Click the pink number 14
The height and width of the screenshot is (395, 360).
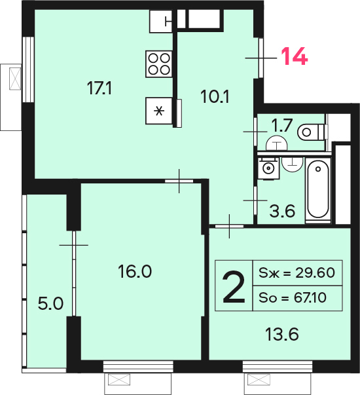[x=295, y=56]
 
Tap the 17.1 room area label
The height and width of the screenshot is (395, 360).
[x=99, y=88]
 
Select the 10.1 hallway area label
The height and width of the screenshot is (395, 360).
[x=215, y=97]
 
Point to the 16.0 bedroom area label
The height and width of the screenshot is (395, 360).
[x=135, y=271]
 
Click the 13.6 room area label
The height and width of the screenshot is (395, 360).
[x=282, y=334]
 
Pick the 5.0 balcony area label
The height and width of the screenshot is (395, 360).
[x=50, y=303]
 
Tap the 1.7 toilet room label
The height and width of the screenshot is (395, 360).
[x=282, y=125]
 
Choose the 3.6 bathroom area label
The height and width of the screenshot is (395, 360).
[x=282, y=211]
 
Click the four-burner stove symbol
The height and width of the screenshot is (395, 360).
[x=159, y=64]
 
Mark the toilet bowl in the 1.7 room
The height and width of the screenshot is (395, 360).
[x=312, y=132]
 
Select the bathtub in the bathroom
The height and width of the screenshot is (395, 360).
[x=318, y=191]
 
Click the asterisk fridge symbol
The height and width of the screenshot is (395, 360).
[x=159, y=111]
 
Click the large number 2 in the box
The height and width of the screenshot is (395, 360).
[x=234, y=286]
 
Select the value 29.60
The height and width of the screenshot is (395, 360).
[x=315, y=273]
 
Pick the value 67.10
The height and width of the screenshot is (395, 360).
[x=310, y=298]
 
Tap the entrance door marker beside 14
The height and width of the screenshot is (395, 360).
[x=261, y=58]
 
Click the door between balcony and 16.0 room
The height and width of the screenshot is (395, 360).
[x=74, y=273]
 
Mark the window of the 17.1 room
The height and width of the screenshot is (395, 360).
[x=28, y=69]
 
